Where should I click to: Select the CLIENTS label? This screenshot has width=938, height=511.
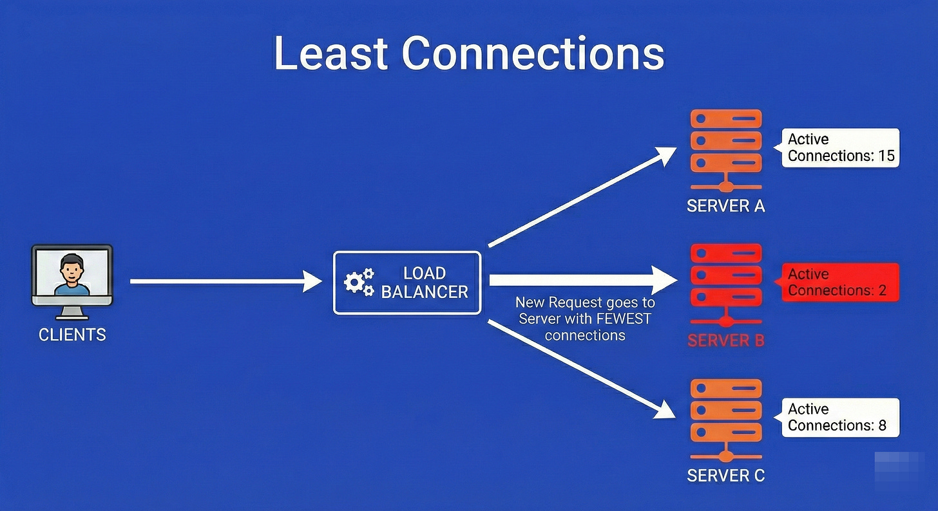point(72,335)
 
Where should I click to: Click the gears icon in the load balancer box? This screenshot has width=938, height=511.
point(359,283)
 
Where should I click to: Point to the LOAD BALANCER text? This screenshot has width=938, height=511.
point(424,283)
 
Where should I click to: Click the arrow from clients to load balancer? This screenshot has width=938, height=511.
point(225,281)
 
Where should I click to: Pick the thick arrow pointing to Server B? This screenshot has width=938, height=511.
point(580,280)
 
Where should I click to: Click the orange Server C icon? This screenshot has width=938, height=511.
point(725,418)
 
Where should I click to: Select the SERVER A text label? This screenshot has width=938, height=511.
point(725,207)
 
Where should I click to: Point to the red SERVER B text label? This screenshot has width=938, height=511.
point(725,340)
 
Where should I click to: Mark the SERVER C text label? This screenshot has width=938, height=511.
point(725,476)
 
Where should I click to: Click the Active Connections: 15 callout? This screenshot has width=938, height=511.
point(840,148)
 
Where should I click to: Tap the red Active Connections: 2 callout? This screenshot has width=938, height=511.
point(840,283)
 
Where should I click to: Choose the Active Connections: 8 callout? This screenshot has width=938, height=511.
point(840,418)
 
